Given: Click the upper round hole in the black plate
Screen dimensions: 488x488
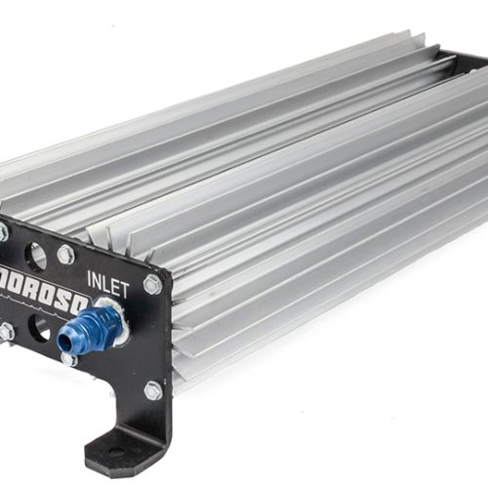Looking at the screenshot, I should (35, 256).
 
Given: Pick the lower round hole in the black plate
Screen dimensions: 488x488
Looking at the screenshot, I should (39, 328).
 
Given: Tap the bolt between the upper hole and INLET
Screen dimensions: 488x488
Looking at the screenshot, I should (66, 255).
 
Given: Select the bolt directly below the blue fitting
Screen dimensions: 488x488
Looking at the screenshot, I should (69, 359).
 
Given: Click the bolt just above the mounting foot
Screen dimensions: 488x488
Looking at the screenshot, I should (153, 390).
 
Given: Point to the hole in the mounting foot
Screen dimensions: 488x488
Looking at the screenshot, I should (115, 453).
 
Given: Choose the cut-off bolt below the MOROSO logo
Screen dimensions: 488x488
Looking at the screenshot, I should (5, 332).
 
